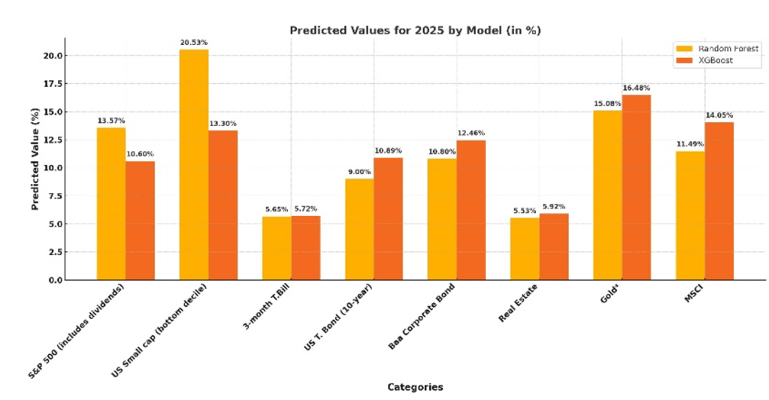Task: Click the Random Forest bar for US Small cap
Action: pos(194,164)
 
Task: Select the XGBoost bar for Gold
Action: pos(636,187)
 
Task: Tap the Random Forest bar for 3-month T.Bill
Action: pos(277,248)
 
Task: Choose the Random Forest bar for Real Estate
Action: pos(525,248)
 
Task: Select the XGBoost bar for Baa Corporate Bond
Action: pos(471,209)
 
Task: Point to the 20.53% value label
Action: pos(193,42)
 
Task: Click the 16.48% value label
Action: pos(636,87)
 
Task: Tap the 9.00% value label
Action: pos(359,172)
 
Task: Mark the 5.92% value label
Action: pos(553,206)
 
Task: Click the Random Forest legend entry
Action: pos(718,48)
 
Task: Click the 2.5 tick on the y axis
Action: pos(56,252)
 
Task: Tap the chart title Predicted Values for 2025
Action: pos(416,30)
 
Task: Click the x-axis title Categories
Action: pos(415,387)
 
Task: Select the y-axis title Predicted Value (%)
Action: pos(35,159)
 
